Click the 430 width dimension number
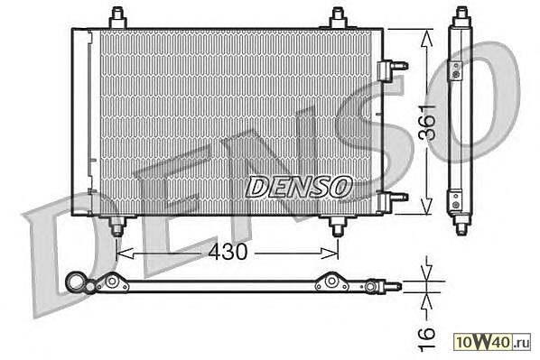(x=228, y=252)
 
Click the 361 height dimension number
(x=427, y=123)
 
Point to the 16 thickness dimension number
(x=427, y=339)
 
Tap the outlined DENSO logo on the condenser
(x=299, y=187)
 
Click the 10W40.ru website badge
(x=492, y=342)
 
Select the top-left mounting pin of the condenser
(x=117, y=17)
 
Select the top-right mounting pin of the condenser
(x=338, y=17)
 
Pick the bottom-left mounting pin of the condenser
(x=117, y=226)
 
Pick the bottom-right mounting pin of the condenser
(x=338, y=226)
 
